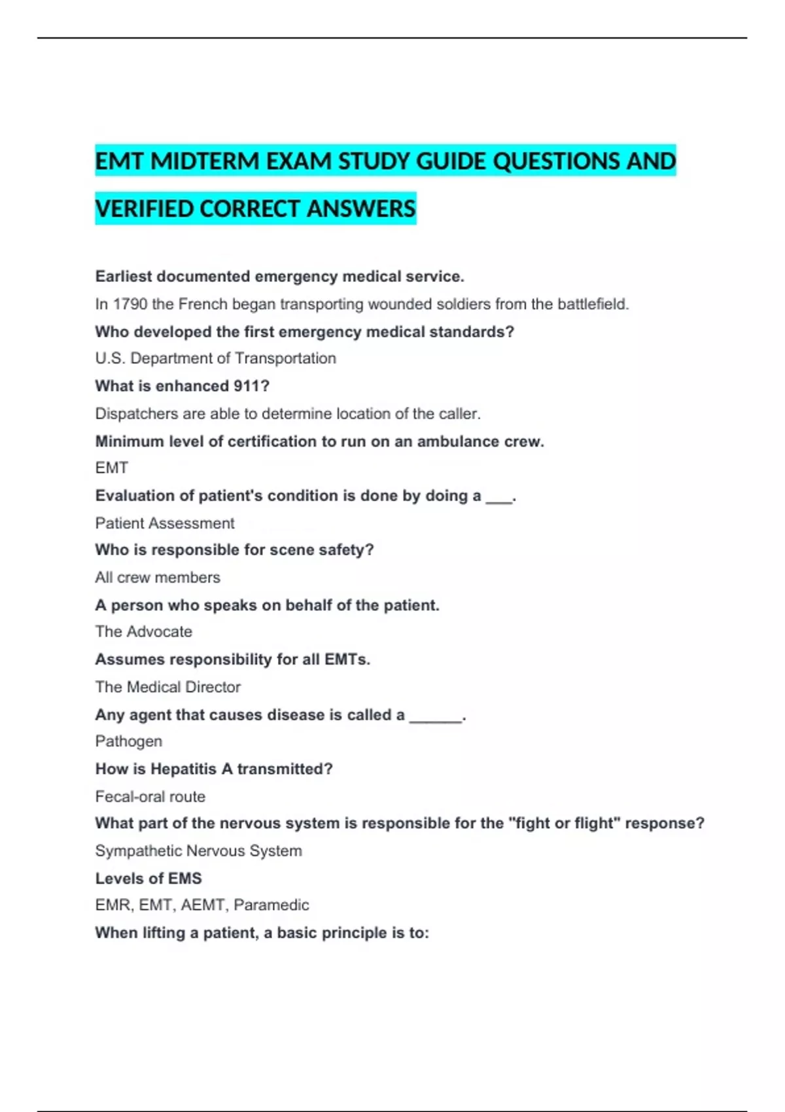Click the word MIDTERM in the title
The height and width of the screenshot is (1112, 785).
click(x=205, y=162)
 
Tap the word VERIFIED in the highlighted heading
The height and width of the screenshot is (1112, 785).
click(x=144, y=209)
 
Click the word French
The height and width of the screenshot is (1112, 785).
click(x=203, y=304)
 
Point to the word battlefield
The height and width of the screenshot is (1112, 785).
click(x=592, y=304)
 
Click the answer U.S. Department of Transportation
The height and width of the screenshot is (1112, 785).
click(x=215, y=358)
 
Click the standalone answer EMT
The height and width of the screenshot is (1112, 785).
click(x=111, y=468)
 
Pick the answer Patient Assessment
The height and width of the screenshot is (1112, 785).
click(x=164, y=523)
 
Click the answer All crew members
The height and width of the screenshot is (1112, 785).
click(x=157, y=578)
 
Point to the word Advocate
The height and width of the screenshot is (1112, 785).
click(x=159, y=632)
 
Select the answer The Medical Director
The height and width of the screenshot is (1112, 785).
click(x=167, y=687)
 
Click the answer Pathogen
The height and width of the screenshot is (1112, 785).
click(x=128, y=741)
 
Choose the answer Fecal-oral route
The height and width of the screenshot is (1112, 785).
click(x=150, y=797)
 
